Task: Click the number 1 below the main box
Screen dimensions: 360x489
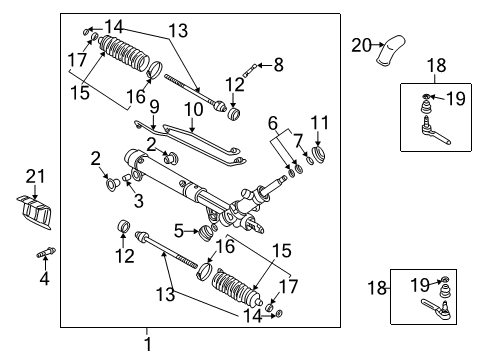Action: [147, 344]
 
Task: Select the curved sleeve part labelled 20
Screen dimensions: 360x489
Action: [390, 52]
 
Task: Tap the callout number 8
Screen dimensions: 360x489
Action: [278, 64]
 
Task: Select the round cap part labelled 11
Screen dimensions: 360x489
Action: [322, 154]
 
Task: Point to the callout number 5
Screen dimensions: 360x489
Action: [178, 231]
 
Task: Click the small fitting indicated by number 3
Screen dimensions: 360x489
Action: [127, 180]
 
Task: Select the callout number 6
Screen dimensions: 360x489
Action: [272, 121]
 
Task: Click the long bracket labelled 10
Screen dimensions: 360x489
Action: [205, 135]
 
